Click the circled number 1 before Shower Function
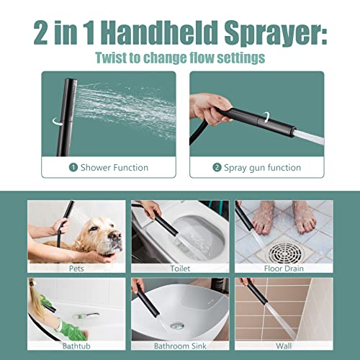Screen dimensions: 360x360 pos(73,167)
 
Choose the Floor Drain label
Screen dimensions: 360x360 pos(283,269)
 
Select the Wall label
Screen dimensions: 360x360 pos(283,346)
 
